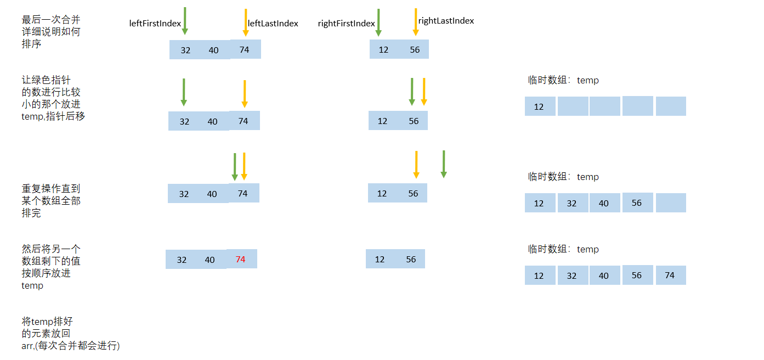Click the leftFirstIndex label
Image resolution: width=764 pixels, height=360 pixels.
[x=155, y=24]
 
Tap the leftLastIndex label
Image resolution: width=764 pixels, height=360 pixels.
[x=273, y=24]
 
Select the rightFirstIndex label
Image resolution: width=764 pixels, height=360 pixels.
[x=346, y=24]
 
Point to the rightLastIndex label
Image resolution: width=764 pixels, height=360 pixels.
[x=446, y=21]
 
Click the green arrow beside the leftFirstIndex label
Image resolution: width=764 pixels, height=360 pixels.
[x=185, y=21]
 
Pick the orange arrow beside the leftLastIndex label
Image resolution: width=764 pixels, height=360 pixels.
[x=246, y=22]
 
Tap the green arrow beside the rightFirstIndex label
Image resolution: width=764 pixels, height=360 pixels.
[x=378, y=22]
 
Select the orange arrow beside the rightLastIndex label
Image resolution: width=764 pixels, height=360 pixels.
[x=416, y=22]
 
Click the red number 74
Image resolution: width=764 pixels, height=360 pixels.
[x=240, y=260]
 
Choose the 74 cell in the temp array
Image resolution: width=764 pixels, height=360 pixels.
[x=670, y=275]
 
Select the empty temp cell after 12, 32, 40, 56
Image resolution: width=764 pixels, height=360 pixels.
[x=671, y=203]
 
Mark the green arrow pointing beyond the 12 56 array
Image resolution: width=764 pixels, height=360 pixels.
[x=444, y=164]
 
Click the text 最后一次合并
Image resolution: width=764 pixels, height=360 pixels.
[x=51, y=20]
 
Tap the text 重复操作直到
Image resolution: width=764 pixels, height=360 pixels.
[x=51, y=189]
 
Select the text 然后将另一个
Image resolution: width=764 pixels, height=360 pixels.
[x=51, y=249]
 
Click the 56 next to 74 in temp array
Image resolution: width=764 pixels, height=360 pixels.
[x=637, y=275]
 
